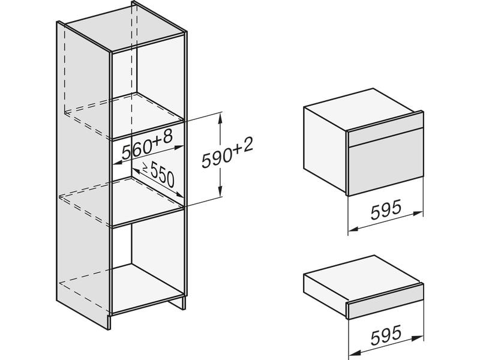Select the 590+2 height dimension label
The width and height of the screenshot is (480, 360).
coord(227,154)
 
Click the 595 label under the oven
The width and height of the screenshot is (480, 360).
coord(386,209)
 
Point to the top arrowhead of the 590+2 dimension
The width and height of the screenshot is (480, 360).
coord(220,118)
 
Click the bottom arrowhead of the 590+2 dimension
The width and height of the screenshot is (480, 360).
coord(220,191)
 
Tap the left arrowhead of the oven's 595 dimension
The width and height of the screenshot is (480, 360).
coord(353,229)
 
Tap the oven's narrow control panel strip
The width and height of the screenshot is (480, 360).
coord(386,134)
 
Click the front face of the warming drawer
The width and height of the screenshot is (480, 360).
coord(386,306)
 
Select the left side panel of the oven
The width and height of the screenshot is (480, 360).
coord(325,150)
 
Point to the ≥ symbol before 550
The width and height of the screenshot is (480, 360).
coord(145,167)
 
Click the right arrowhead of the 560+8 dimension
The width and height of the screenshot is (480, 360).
coord(178,148)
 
